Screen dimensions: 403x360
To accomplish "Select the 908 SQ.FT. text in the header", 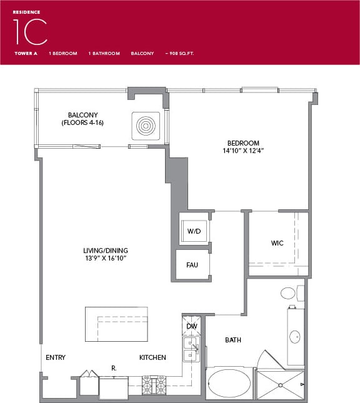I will click(x=179, y=54).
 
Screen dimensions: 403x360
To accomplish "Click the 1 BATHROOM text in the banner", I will click(x=104, y=54).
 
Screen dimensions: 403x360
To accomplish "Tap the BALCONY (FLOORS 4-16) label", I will click(x=82, y=119).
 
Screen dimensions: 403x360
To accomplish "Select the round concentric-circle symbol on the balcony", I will click(x=146, y=125).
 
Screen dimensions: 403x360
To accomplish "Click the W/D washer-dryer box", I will click(x=194, y=231).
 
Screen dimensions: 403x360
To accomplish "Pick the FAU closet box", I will click(x=192, y=265).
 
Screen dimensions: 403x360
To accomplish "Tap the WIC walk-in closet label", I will click(x=277, y=243).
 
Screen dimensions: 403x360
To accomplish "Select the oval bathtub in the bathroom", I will click(x=229, y=382).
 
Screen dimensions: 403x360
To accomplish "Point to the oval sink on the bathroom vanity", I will click(x=295, y=337).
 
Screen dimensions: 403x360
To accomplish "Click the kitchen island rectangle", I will click(x=116, y=324).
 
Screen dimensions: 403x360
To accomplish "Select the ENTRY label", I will click(x=56, y=357).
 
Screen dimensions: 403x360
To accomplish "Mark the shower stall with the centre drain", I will click(x=281, y=384).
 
